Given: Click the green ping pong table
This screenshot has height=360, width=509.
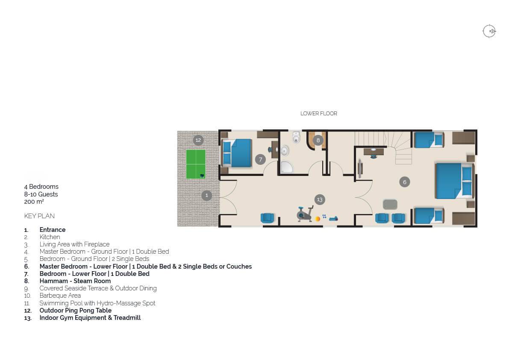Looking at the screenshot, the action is coord(196,164).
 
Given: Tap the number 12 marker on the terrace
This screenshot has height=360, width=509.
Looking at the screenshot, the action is coord(198,140).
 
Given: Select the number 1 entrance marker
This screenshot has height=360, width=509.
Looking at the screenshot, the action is coord(206,195).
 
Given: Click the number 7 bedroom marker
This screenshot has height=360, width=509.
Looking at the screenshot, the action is coord(260,159).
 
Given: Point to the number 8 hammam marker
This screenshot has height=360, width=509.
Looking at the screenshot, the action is coord(318,140).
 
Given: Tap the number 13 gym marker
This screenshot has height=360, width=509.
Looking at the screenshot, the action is coord(320,199).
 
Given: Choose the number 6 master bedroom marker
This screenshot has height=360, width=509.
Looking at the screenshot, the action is coord(404,182).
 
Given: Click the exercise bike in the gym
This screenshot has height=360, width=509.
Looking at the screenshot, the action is coord(305,214).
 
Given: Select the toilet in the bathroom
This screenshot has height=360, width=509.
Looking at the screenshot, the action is coord(296,137).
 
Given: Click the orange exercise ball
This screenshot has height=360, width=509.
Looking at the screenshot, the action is coord(318,219).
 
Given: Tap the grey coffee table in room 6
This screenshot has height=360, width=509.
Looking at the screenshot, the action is coord(390,205).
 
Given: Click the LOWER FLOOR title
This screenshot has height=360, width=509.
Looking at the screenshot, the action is coord(319,114).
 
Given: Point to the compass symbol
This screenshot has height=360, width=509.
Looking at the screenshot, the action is coord(489,32).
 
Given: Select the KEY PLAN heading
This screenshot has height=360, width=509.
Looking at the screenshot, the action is coord(39,216).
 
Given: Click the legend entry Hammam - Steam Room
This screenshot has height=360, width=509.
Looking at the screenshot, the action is coord(75,281).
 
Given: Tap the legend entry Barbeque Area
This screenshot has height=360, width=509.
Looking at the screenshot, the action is coord(60,296).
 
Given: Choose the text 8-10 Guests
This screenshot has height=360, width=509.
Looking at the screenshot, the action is coord(41,194).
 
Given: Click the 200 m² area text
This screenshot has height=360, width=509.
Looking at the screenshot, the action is coord(34,202).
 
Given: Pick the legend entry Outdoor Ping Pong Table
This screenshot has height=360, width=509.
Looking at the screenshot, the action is coord(76,310).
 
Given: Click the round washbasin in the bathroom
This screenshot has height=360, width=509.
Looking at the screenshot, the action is coord(284,150).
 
